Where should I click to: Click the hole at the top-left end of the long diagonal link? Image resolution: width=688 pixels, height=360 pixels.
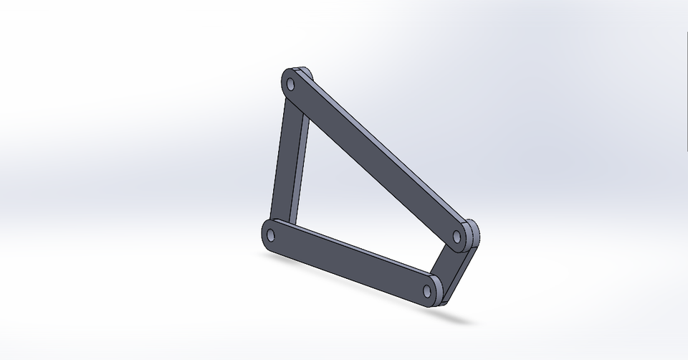[291, 84]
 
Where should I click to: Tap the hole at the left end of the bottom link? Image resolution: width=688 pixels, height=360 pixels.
[271, 233]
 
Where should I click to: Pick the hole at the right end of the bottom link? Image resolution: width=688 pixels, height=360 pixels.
[428, 290]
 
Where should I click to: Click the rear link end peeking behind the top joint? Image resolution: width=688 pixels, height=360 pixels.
[306, 72]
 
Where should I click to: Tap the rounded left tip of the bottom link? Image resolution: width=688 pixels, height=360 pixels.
[264, 232]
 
